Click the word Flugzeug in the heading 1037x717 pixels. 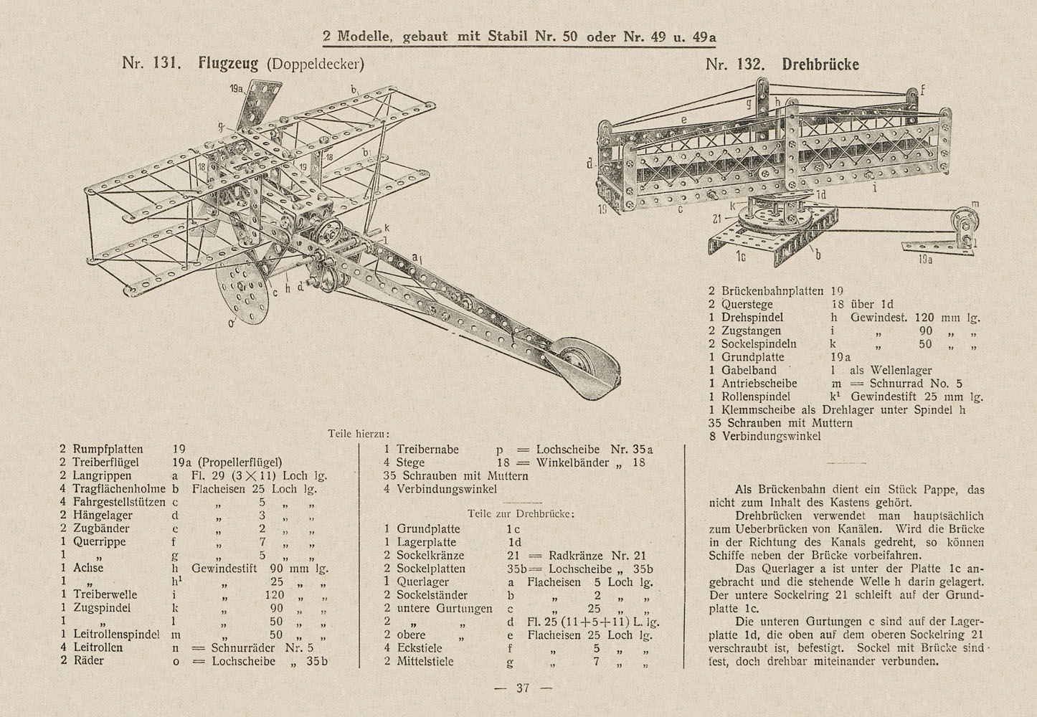point(228,63)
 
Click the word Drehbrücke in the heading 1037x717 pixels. point(820,65)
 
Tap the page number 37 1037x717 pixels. point(523,688)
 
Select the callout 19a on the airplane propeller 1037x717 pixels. point(236,88)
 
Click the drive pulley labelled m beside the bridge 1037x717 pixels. point(965,222)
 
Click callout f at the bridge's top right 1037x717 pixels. point(923,90)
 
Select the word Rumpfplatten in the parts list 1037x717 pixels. point(108,449)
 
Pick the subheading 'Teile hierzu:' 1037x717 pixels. point(359,434)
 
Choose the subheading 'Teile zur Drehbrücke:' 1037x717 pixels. point(521,514)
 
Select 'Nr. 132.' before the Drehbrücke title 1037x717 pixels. point(735,65)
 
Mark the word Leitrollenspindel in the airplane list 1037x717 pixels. point(116,635)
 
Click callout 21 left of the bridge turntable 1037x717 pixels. point(717,219)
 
